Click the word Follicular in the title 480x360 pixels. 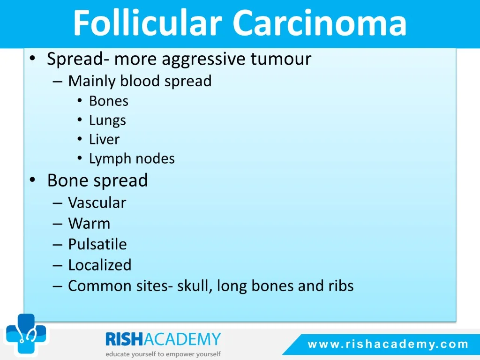[148, 22]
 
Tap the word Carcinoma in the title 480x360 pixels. [320, 23]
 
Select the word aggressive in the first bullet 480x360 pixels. [204, 60]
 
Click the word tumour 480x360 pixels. [281, 59]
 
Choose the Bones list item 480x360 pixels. [109, 101]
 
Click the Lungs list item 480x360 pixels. [107, 120]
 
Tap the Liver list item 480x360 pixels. [104, 139]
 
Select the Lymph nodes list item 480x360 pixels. [132, 158]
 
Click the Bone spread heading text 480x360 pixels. [97, 180]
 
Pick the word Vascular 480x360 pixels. [97, 202]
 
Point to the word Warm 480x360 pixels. [89, 223]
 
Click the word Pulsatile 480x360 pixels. [97, 244]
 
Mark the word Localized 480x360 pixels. [100, 265]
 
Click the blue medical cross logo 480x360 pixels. [26, 334]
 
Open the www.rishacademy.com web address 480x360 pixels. [388, 344]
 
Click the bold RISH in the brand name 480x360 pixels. [124, 339]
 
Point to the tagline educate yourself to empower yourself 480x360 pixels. [163, 354]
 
